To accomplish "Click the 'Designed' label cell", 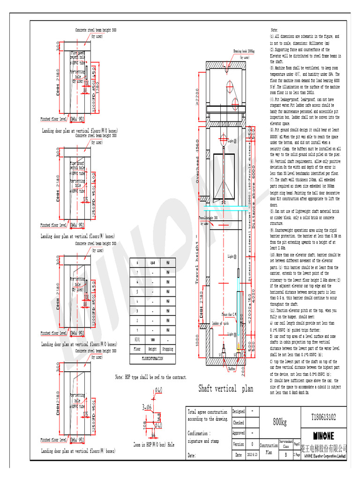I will pos(239,411).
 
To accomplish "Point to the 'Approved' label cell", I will pos(239,433).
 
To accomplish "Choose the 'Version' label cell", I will pos(239,444).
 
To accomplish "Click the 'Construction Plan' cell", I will pos(269,449).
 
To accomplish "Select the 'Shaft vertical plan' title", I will pos(226,389).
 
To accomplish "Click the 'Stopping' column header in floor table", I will pos(167,349).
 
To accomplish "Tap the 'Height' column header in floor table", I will pos(152,349).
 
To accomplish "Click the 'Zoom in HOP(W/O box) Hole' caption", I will pos(154,445).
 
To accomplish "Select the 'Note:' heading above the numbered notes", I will pos(275,30).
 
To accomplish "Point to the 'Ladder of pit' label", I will pos(220,323).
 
